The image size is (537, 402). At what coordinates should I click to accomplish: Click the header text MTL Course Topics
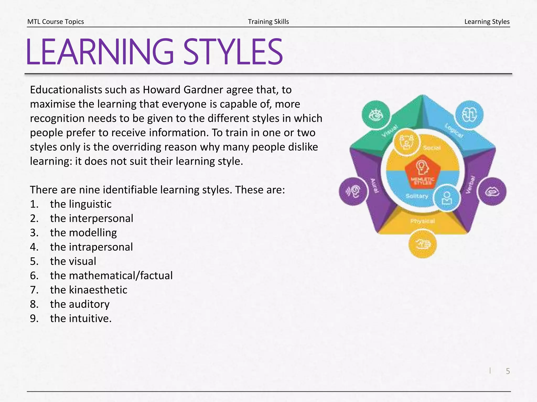tap(56, 21)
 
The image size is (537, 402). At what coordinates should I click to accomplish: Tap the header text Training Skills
tap(268, 21)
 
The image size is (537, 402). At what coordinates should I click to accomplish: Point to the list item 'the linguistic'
tap(81, 204)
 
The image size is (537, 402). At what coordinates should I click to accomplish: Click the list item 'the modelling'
tap(83, 233)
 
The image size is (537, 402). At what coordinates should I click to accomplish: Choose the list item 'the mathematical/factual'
tap(111, 276)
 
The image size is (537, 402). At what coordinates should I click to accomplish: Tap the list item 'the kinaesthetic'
tap(89, 290)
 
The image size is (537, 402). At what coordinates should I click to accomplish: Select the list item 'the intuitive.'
tap(81, 319)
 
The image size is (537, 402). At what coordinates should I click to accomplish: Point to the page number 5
tap(508, 371)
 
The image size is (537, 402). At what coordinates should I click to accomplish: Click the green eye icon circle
tap(376, 115)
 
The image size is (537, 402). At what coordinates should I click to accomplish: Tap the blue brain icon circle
tap(469, 115)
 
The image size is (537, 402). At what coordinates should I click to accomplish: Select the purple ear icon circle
tap(353, 191)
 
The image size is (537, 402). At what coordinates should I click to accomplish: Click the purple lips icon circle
tap(492, 191)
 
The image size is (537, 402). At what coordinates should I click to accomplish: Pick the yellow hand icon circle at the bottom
tap(422, 244)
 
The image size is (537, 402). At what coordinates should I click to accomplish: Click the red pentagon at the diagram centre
tap(422, 171)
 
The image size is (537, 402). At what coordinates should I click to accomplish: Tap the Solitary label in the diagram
tap(417, 196)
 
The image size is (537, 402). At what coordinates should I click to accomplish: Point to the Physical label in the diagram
tap(422, 221)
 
